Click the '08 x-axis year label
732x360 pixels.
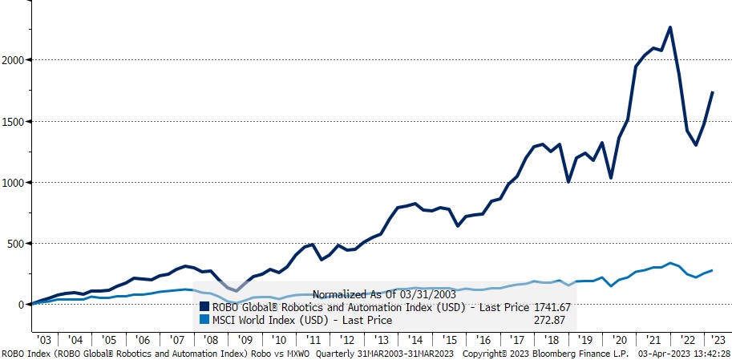(x=211, y=339)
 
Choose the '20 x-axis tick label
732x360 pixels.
(x=617, y=339)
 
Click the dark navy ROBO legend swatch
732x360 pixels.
(x=204, y=306)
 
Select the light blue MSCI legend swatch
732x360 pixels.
(x=204, y=319)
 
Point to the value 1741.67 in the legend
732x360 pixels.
(x=551, y=306)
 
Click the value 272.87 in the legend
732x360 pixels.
(x=553, y=319)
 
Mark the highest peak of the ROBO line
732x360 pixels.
(x=669, y=27)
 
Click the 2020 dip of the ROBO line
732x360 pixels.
(x=611, y=178)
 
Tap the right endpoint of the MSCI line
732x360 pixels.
(x=713, y=271)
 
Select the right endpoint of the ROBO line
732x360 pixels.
(x=713, y=92)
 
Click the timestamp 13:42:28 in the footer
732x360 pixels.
(x=706, y=353)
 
